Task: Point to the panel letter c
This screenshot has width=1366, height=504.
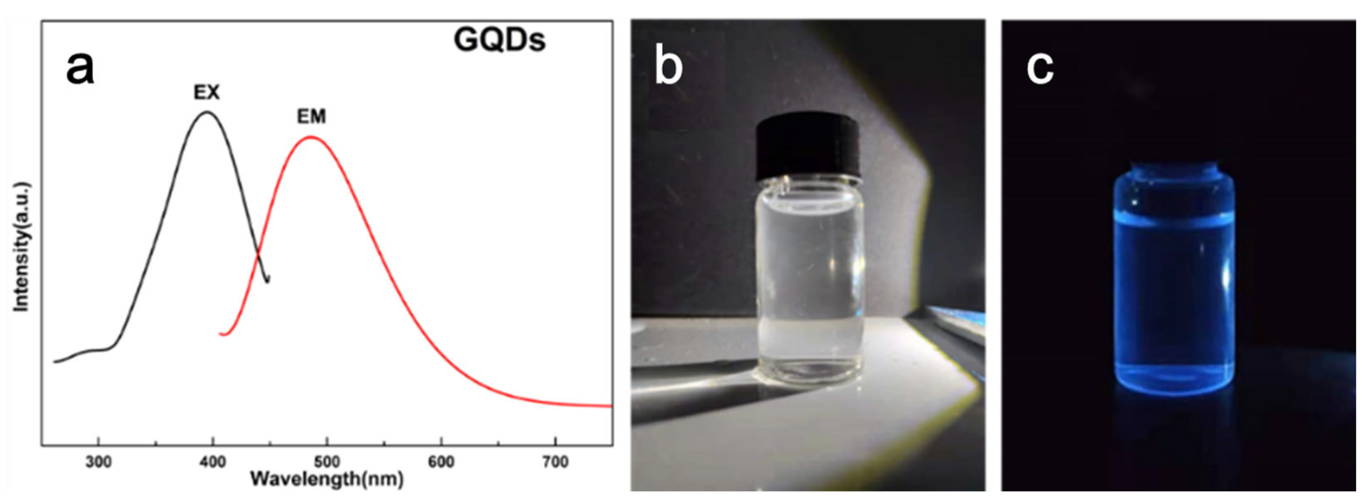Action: (1040, 69)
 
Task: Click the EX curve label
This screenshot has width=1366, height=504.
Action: (206, 93)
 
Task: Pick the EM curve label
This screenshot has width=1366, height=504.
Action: (311, 117)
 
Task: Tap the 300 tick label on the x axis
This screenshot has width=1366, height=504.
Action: (99, 462)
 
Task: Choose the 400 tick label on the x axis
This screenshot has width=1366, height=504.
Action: (213, 462)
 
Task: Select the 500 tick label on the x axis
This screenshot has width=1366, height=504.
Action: (327, 462)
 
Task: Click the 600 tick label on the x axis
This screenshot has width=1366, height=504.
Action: (441, 462)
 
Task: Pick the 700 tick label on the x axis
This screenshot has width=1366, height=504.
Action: (555, 462)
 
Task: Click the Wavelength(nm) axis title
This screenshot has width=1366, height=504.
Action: (327, 480)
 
